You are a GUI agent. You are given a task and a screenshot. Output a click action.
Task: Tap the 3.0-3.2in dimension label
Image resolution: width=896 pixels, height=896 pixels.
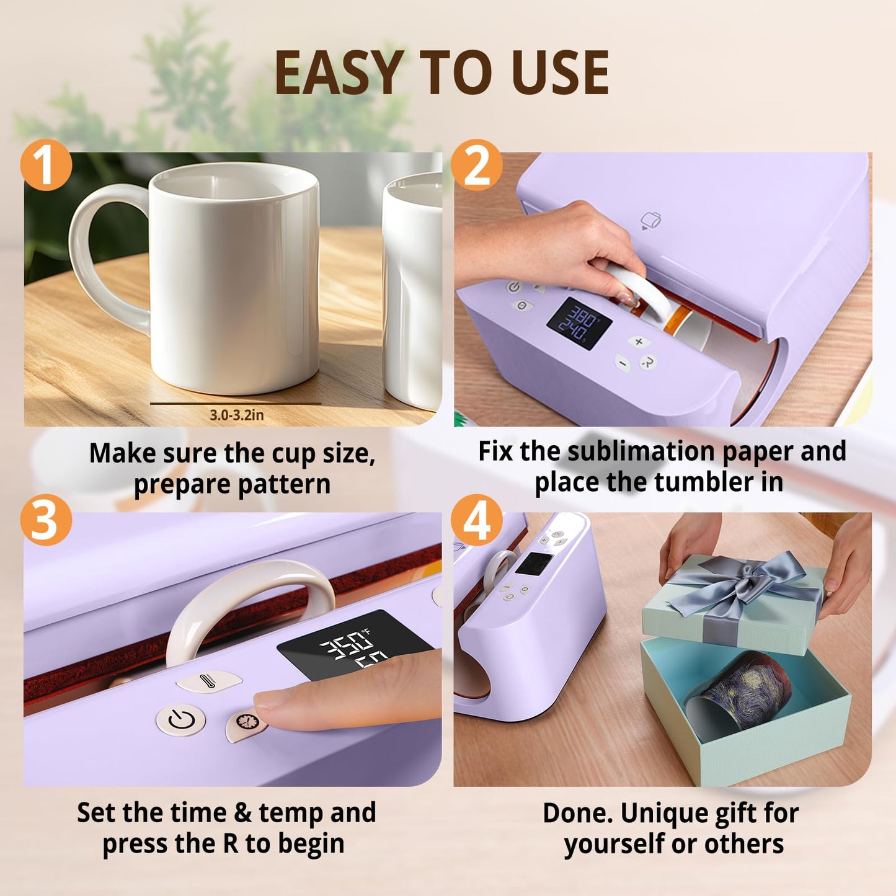pos(236,415)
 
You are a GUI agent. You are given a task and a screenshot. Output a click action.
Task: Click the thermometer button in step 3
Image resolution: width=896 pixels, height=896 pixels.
pos(208,681)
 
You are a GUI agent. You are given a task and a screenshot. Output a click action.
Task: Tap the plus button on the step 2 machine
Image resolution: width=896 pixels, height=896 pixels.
pos(639,342)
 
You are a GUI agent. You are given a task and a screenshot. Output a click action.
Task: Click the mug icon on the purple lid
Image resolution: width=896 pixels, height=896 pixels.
pos(650,220)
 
